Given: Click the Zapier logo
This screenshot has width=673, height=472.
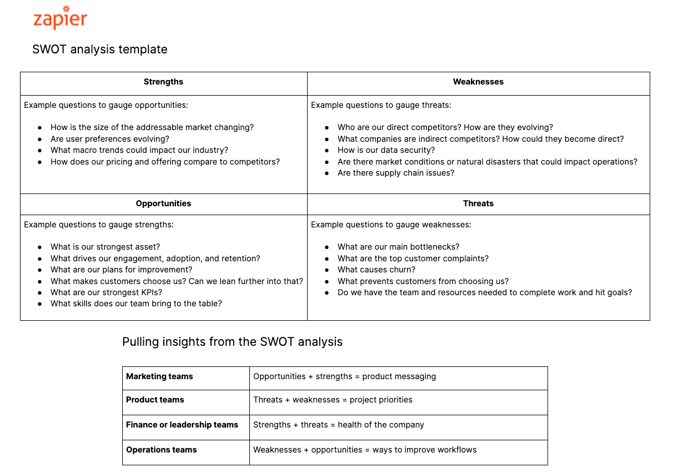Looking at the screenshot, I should pos(60,18).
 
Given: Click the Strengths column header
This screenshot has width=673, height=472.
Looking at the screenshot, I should pos(163,82).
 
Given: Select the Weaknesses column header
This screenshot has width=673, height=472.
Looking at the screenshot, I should pos(478,82).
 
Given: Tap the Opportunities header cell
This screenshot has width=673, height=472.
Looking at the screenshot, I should pos(163,203).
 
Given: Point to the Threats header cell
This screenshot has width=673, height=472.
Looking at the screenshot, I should pos(478,203).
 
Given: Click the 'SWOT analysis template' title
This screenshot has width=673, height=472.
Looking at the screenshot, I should pos(100,49).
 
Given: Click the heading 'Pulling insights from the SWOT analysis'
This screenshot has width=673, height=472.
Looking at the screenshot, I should pos(232,341).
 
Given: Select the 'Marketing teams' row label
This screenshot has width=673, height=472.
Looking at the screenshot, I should pos(159,376).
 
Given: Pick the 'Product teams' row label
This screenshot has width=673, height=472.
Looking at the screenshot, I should pos(155,400).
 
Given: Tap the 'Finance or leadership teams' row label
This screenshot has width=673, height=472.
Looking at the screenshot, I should pos(182,425).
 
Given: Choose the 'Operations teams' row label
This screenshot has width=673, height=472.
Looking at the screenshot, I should pos(162,450).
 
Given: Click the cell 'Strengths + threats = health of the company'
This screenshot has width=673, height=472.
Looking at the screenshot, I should pos(339,425).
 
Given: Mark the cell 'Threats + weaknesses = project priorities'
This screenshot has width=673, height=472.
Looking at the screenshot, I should pos(333,400).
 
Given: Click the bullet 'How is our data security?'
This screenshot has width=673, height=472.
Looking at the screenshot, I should pos(386,150).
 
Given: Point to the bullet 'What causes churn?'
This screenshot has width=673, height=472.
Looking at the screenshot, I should pos(376,270).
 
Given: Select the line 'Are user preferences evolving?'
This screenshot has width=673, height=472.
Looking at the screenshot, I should pos(110,139).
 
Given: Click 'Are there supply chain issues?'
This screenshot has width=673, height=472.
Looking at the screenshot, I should pos(396,173).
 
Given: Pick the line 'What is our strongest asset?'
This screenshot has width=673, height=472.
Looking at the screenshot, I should pos(105,247).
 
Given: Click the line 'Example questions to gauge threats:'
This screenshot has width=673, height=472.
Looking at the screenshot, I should pos(381,105).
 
